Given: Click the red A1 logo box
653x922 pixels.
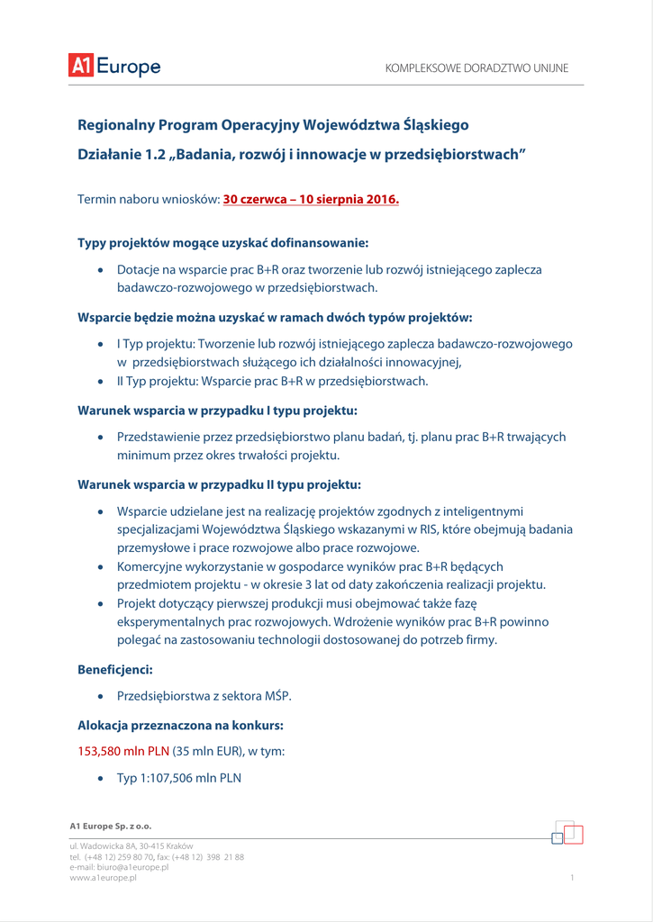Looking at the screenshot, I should coord(80,66).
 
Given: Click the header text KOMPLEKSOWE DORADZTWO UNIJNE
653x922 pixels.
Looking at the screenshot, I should coord(476,68).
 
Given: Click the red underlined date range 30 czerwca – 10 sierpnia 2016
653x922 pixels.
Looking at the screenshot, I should coord(311,199).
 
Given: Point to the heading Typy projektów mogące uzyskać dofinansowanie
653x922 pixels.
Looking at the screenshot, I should coord(222,243).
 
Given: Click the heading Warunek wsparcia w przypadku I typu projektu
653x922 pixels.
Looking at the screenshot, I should coord(217,411).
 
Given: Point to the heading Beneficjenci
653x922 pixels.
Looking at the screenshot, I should coord(114,670).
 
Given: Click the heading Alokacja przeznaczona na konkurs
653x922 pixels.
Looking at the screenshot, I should coord(193,725).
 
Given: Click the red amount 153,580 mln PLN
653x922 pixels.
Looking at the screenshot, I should coord(123,751).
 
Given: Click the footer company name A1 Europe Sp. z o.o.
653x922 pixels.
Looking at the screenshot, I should coord(111,826).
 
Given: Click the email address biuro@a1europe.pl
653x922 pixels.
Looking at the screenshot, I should coord(133,867).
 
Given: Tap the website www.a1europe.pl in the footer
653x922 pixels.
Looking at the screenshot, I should coord(103,877).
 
